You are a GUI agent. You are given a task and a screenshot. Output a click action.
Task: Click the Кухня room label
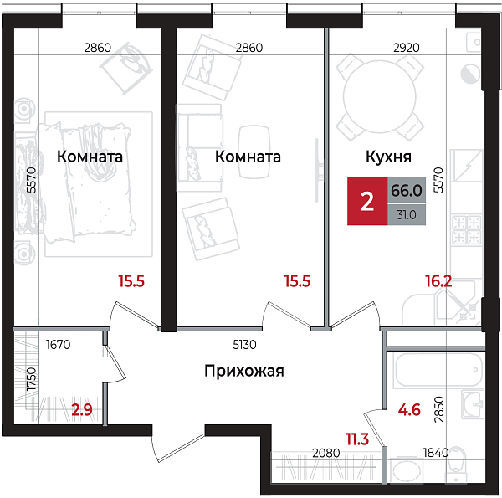[x=388, y=157]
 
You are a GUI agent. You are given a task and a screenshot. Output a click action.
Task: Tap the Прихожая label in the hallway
[x=244, y=372]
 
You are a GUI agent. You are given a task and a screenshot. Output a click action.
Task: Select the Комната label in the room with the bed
[x=90, y=157]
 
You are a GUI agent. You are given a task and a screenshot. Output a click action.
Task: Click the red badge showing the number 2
[x=366, y=202]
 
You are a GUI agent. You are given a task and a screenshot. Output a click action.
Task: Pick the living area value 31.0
[x=406, y=214]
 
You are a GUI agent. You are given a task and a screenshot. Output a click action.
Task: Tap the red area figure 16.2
[x=437, y=282]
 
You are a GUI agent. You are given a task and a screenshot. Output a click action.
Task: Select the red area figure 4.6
[x=408, y=410]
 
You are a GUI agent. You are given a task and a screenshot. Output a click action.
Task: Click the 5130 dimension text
[x=243, y=343]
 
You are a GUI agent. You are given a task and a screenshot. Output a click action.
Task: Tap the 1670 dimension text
[x=58, y=343]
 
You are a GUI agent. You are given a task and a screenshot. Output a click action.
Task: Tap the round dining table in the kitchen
[x=382, y=93]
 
